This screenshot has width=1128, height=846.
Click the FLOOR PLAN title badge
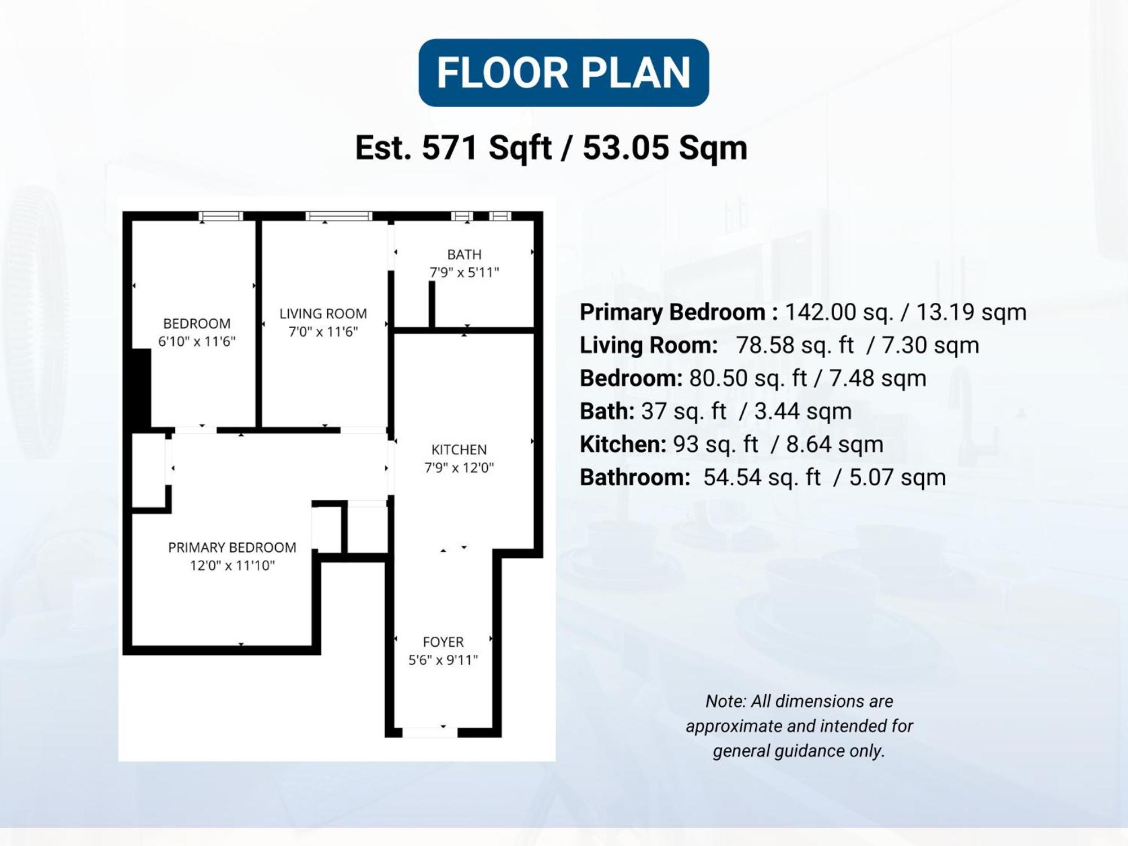point(563,73)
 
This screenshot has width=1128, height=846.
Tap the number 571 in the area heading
point(450,148)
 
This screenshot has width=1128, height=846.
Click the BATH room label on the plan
point(464,255)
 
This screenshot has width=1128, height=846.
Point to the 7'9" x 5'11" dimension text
point(464,273)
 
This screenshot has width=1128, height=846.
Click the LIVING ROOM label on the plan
point(323,314)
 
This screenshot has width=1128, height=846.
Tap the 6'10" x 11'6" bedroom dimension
point(196,342)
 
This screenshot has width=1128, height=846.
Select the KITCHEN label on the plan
point(459,450)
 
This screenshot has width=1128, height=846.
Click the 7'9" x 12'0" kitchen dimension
point(459,468)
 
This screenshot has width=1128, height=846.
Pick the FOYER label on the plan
point(443,642)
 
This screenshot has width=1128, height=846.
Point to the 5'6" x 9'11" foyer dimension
point(443,660)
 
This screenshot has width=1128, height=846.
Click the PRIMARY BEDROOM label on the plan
point(232,548)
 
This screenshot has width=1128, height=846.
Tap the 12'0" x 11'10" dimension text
point(232,566)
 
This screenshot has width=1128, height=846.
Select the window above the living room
point(338,216)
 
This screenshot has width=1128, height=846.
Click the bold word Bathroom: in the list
point(634,478)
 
